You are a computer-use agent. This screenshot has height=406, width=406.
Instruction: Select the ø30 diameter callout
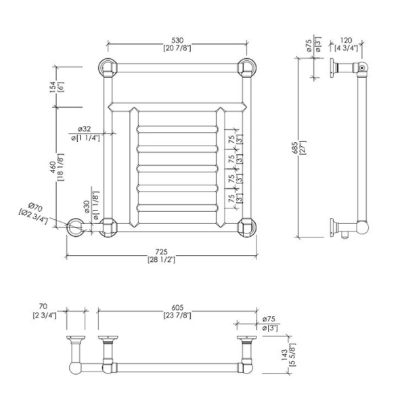click(87, 206)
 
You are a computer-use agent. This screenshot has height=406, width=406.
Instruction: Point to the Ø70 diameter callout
click(35, 208)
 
